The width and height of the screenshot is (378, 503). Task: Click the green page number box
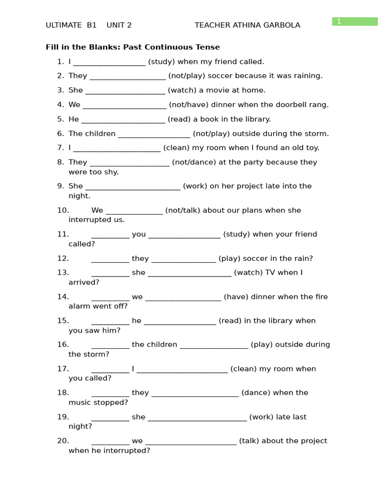(x=354, y=21)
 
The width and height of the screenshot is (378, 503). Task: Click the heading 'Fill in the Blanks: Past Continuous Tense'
(x=133, y=47)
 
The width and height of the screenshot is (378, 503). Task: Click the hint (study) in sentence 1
(x=161, y=61)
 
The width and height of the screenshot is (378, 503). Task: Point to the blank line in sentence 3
(x=125, y=91)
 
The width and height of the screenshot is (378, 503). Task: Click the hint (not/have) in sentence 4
(x=189, y=105)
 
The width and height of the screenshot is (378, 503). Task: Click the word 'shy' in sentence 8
(x=112, y=172)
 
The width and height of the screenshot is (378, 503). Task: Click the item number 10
(x=63, y=210)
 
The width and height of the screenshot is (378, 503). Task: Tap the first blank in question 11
(x=110, y=235)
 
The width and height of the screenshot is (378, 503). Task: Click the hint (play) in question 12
(x=229, y=258)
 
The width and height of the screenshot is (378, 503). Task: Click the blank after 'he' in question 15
(x=180, y=322)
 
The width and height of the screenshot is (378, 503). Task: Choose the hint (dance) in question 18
(x=256, y=392)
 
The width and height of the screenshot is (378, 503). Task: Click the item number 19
(x=63, y=417)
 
